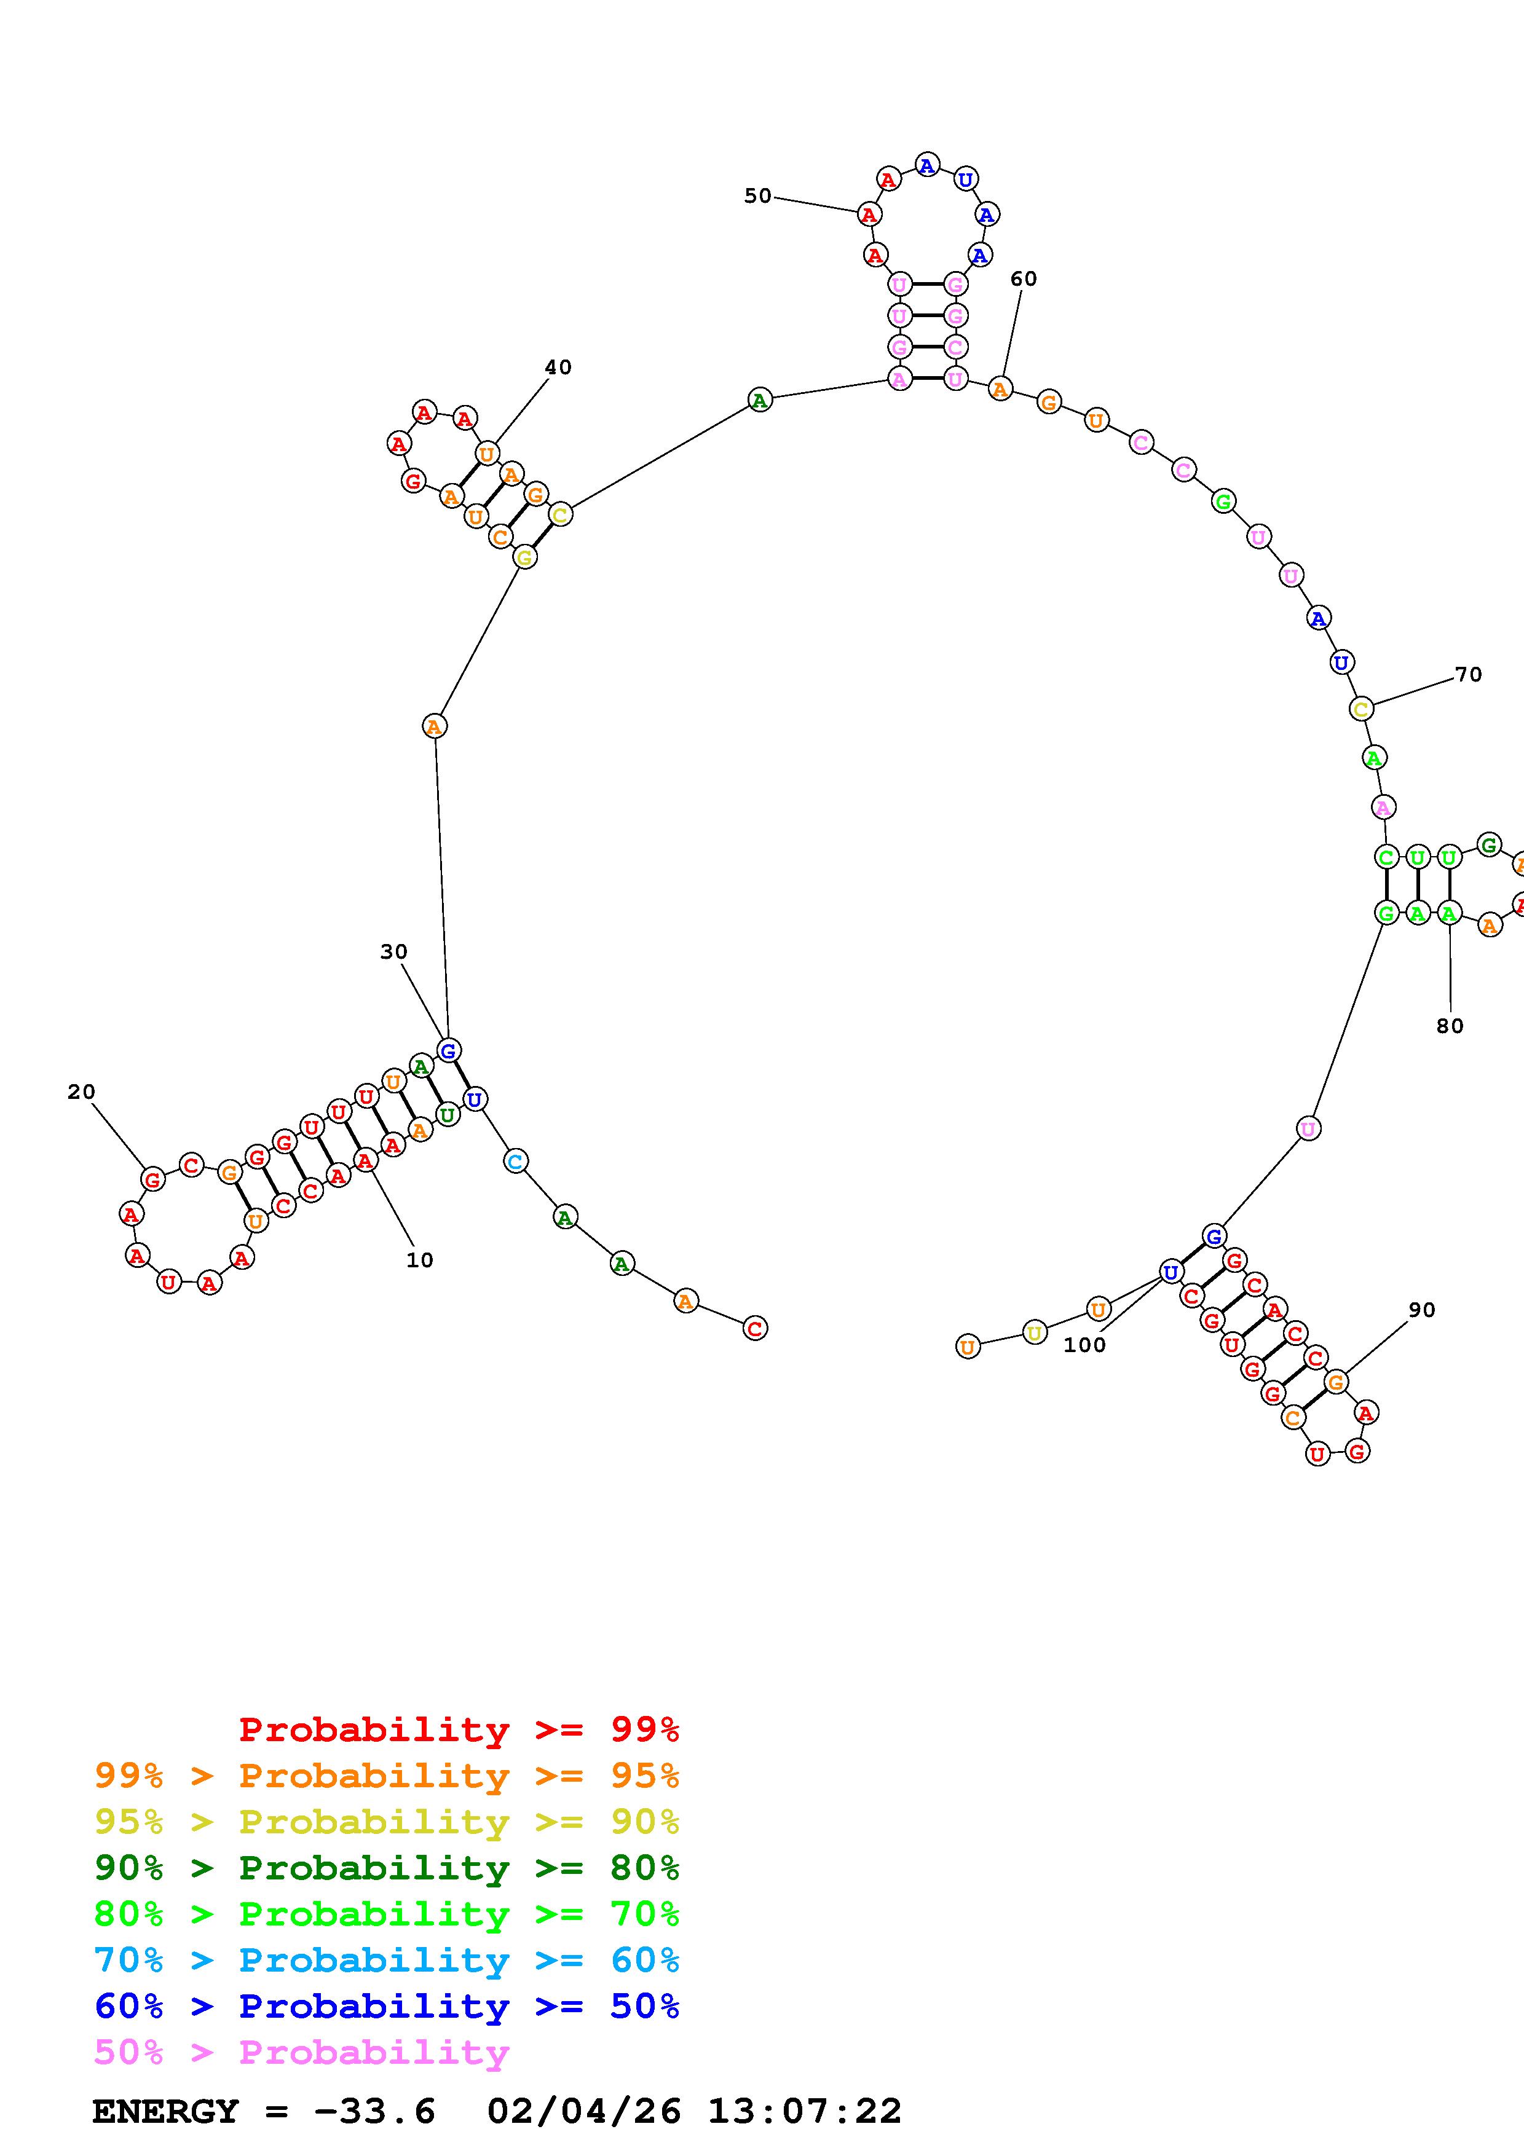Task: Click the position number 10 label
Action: (x=420, y=1260)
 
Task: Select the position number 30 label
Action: (x=393, y=951)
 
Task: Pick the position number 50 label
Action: (x=757, y=195)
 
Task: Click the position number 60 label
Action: (x=1024, y=279)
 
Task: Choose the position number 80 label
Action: (x=1450, y=1026)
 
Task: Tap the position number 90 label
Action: (x=1422, y=1310)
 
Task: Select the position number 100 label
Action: (x=1084, y=1345)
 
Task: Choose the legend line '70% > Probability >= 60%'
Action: (x=387, y=1960)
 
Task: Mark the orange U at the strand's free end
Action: (x=967, y=1347)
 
